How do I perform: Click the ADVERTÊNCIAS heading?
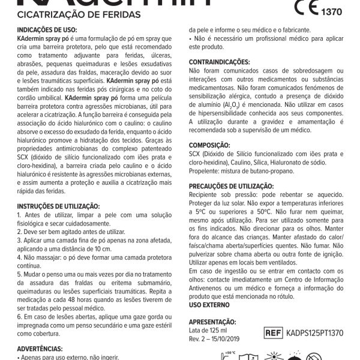tap(40, 348)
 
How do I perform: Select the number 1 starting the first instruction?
tap(19, 214)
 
